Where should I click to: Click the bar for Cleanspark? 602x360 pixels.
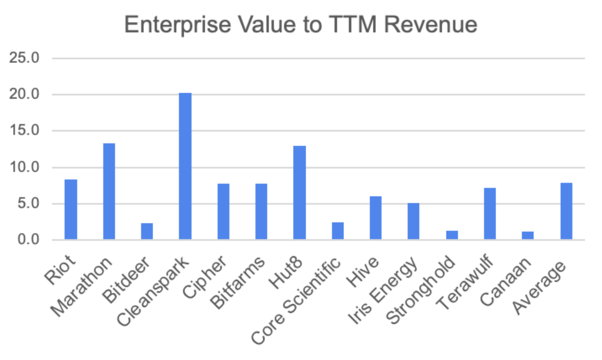click(185, 166)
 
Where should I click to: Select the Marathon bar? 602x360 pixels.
click(109, 191)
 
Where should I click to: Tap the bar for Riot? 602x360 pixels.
click(71, 209)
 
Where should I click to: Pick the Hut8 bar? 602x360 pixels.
click(300, 192)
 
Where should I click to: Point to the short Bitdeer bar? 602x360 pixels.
click(147, 231)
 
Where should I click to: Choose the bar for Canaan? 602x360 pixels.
click(528, 236)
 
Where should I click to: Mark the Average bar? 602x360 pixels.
click(566, 211)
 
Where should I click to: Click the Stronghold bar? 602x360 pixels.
click(452, 235)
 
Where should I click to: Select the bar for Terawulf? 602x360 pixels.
click(490, 214)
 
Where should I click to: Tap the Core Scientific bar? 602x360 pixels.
click(338, 231)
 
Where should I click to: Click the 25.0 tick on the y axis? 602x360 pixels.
click(24, 58)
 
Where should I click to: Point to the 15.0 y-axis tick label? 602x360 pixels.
click(24, 131)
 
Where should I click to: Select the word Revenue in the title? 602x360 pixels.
click(431, 25)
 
